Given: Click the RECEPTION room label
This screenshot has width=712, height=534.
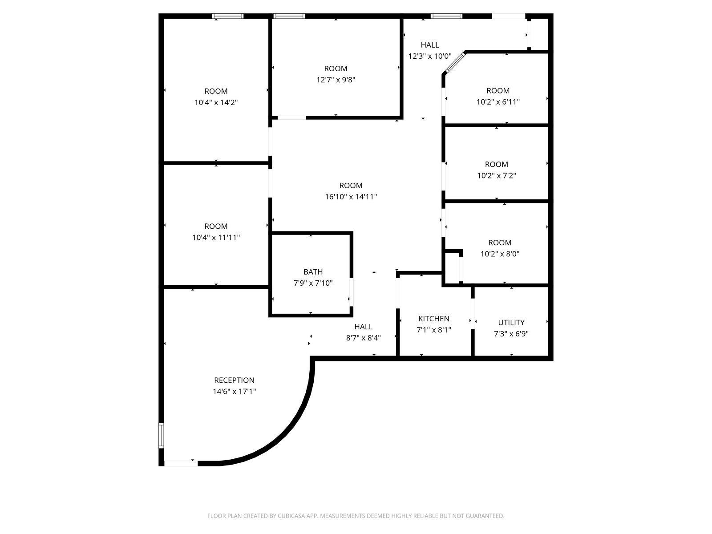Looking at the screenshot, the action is pos(234,380).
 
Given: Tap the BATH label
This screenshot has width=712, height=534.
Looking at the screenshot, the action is pos(313,272).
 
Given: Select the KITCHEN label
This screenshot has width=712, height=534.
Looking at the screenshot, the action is pos(434,318).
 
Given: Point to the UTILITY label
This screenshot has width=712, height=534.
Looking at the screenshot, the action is pos(511,322).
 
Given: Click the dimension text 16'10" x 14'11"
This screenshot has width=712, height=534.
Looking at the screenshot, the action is pos(351,197).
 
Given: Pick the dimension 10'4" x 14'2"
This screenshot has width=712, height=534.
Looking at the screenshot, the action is pos(216,102).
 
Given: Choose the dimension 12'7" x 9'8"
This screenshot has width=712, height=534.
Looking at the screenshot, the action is pos(336,80).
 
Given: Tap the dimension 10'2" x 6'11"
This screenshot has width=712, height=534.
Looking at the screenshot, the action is pos(498,102).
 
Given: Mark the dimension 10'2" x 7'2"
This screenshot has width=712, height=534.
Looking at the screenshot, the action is pos(497,175).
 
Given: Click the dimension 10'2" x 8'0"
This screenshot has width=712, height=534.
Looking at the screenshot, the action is pos(500,254).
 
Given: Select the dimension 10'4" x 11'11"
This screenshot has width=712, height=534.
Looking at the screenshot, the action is pos(216,237).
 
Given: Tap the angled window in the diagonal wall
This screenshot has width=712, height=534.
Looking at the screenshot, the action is pos(455,63).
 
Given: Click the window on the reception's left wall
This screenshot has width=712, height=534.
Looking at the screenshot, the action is pos(161,436).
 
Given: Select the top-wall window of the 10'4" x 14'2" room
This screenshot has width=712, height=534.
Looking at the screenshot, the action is pos(228,16).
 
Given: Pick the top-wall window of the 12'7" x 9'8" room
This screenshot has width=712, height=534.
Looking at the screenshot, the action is pos(289,16).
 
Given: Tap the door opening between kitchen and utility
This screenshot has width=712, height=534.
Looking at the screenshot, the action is pos(473,314).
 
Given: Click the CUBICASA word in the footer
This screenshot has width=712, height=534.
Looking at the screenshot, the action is pos(291,516).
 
